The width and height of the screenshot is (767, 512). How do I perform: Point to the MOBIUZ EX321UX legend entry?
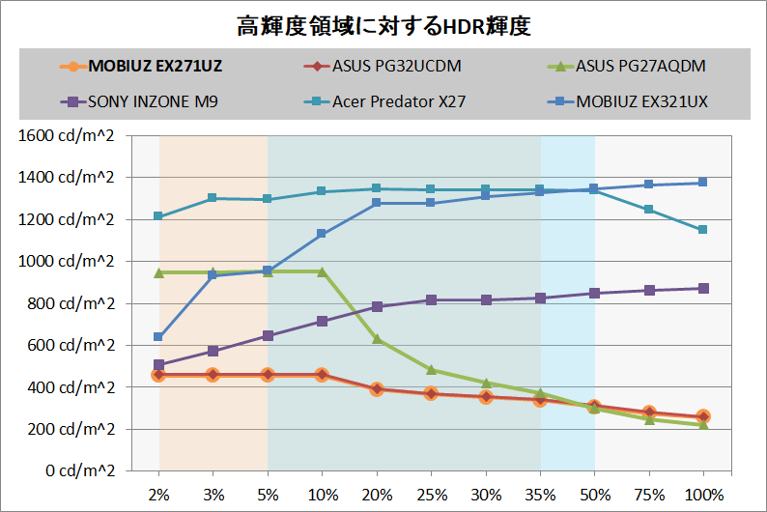(642, 100)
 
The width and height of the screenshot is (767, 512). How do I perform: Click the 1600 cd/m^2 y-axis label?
(67, 135)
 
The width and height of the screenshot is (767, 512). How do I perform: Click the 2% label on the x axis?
(158, 494)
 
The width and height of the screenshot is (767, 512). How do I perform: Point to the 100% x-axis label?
(703, 494)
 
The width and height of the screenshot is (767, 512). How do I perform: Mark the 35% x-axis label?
(540, 494)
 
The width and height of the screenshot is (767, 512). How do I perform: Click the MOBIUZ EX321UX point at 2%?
(158, 337)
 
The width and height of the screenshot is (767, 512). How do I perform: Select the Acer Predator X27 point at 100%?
(703, 230)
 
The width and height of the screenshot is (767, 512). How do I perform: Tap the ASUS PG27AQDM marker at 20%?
(377, 339)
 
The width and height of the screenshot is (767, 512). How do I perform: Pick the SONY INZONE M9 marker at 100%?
(703, 288)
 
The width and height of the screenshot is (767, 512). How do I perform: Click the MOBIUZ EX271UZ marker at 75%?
(649, 412)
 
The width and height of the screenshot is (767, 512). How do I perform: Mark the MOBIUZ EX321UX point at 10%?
(322, 234)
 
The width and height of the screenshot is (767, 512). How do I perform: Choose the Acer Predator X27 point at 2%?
(158, 216)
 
